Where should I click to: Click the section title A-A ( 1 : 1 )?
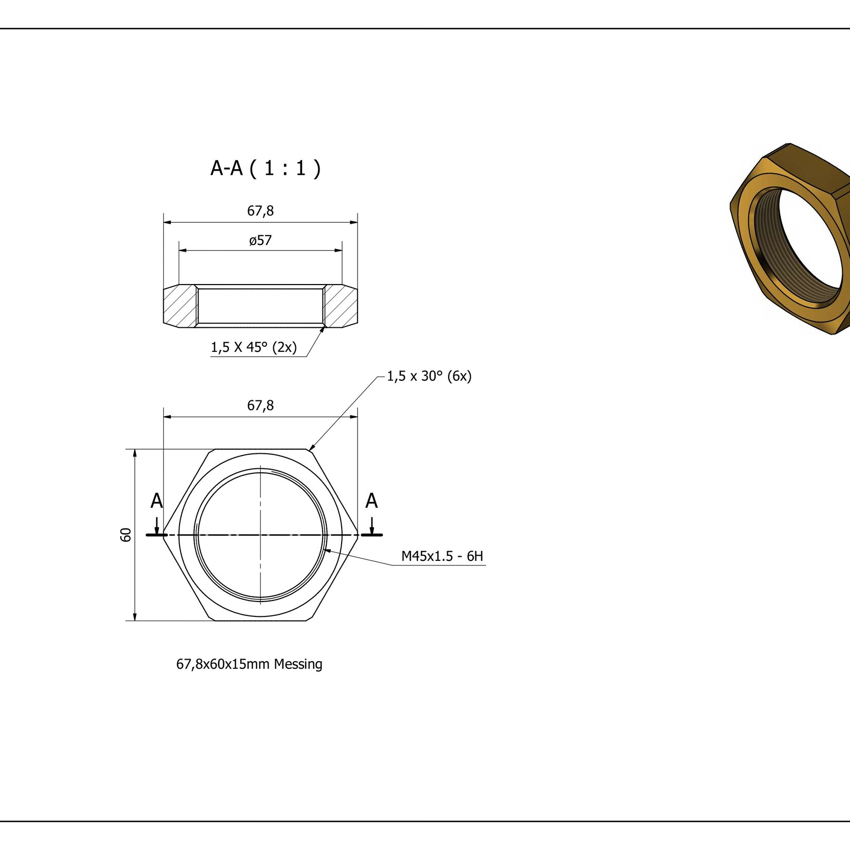pos(265,168)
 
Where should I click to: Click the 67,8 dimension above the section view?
pos(260,211)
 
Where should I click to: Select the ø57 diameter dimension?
pos(260,240)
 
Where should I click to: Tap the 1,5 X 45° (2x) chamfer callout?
pos(254,347)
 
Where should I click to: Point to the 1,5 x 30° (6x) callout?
pos(429,376)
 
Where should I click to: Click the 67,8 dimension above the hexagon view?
pos(260,405)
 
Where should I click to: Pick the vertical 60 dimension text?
pos(126,535)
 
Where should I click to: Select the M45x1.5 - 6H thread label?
pos(442,556)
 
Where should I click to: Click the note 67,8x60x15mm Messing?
pos(250,664)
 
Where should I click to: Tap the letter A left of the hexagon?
pos(156,501)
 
